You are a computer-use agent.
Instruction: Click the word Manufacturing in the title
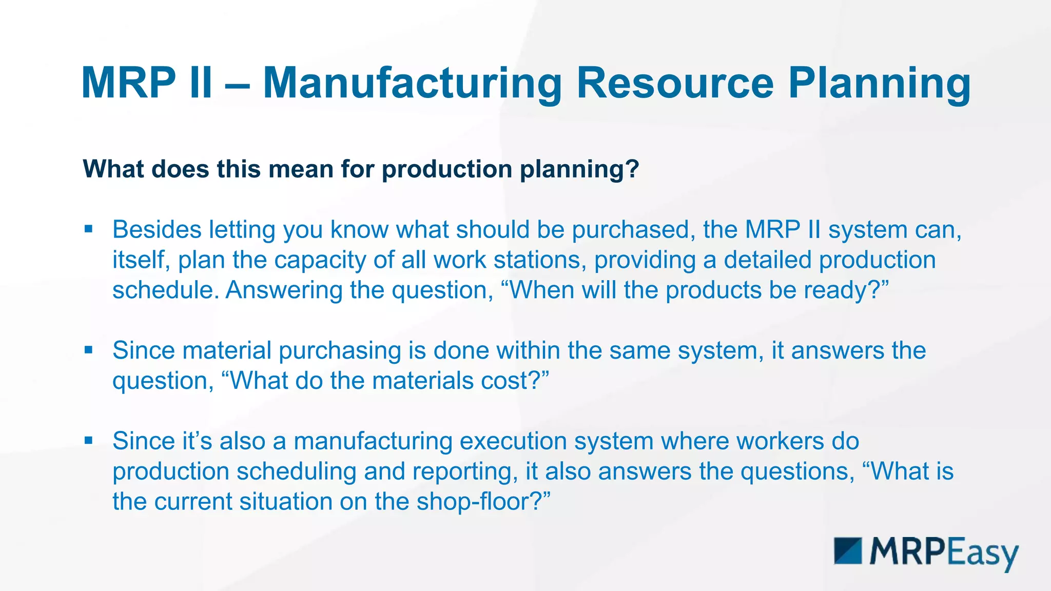pyautogui.click(x=413, y=83)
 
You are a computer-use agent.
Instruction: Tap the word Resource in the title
pyautogui.click(x=675, y=83)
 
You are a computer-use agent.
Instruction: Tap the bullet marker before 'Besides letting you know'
pyautogui.click(x=89, y=229)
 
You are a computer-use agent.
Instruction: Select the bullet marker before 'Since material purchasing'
pyautogui.click(x=89, y=350)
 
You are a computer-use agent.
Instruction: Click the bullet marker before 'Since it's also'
pyautogui.click(x=89, y=440)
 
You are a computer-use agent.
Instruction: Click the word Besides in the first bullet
pyautogui.click(x=157, y=229)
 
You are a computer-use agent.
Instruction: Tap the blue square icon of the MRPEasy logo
pyautogui.click(x=848, y=551)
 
